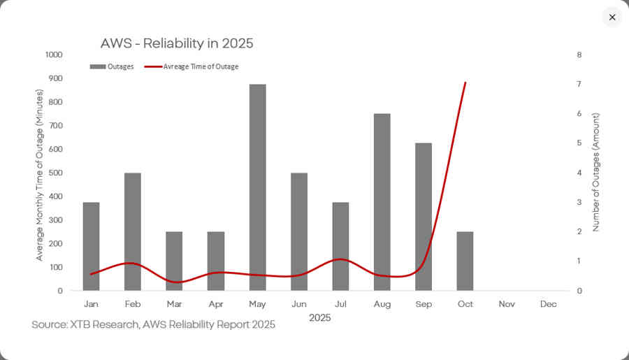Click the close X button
coord(612,17)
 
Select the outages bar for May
coord(257,187)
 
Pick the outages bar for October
coord(465,261)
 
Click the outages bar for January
coord(91,246)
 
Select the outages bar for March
coord(174,261)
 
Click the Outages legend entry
coord(112,67)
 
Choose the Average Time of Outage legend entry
coord(191,67)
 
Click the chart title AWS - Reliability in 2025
coord(177,43)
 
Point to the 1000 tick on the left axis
coord(53,55)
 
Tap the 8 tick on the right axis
coord(579,55)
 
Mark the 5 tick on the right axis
coord(579,143)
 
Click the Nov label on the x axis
coord(507,304)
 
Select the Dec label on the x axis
coord(548,304)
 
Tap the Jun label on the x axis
coord(298,304)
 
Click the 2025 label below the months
coord(319,318)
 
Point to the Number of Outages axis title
coord(596,172)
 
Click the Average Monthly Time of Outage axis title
coord(40,172)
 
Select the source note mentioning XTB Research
coord(153,325)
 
